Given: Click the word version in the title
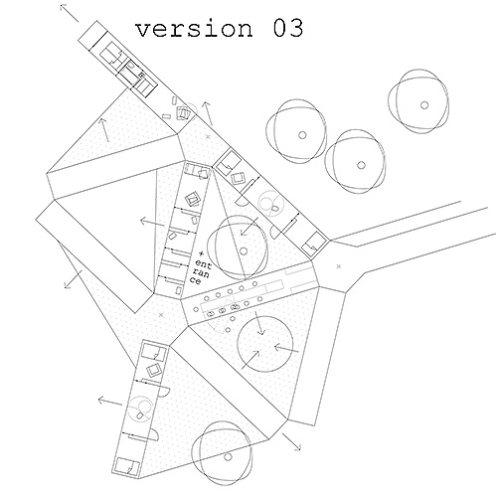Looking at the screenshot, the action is [194, 29].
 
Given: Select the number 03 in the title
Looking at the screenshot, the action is [288, 28].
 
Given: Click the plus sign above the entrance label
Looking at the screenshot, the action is [201, 254].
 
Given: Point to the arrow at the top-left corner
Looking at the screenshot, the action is [70, 13].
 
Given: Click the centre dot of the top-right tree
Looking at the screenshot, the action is [424, 105].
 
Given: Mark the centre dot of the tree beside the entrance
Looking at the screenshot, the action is [244, 251].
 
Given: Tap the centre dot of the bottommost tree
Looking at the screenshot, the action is [228, 457].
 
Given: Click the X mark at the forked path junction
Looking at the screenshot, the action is [338, 266].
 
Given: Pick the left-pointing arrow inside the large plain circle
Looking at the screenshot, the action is [286, 349].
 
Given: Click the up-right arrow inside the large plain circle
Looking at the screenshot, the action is [250, 359].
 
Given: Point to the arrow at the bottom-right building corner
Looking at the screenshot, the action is [291, 441].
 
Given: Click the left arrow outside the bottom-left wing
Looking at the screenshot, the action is [110, 402].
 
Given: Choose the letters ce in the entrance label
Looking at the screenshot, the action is [196, 280].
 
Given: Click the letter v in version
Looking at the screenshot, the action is [143, 30].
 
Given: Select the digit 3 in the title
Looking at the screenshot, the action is [296, 28].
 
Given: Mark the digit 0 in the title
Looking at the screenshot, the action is [280, 28].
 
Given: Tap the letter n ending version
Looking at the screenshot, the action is [245, 30].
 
